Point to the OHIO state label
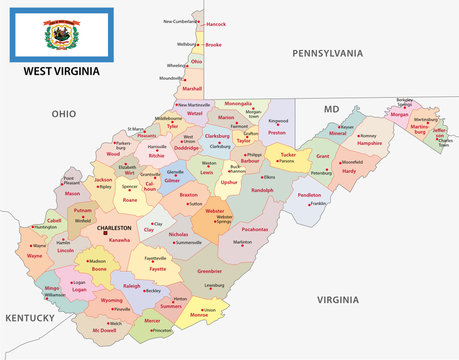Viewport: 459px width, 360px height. coord(65,114)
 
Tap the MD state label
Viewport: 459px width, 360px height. coord(331,108)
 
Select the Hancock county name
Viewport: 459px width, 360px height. coord(215,23)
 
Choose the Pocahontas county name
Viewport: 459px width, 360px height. coord(255,229)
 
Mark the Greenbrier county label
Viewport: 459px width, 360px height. coord(209,271)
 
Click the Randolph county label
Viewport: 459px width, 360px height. coord(261,189)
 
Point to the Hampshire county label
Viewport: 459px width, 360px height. coord(370,143)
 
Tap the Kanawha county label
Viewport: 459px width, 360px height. coord(119,240)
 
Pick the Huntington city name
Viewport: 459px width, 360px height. coord(45,227)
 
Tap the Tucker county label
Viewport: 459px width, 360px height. coord(288,155)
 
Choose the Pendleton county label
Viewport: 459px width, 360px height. coord(310,195)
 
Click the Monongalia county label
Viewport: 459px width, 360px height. coord(238,103)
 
